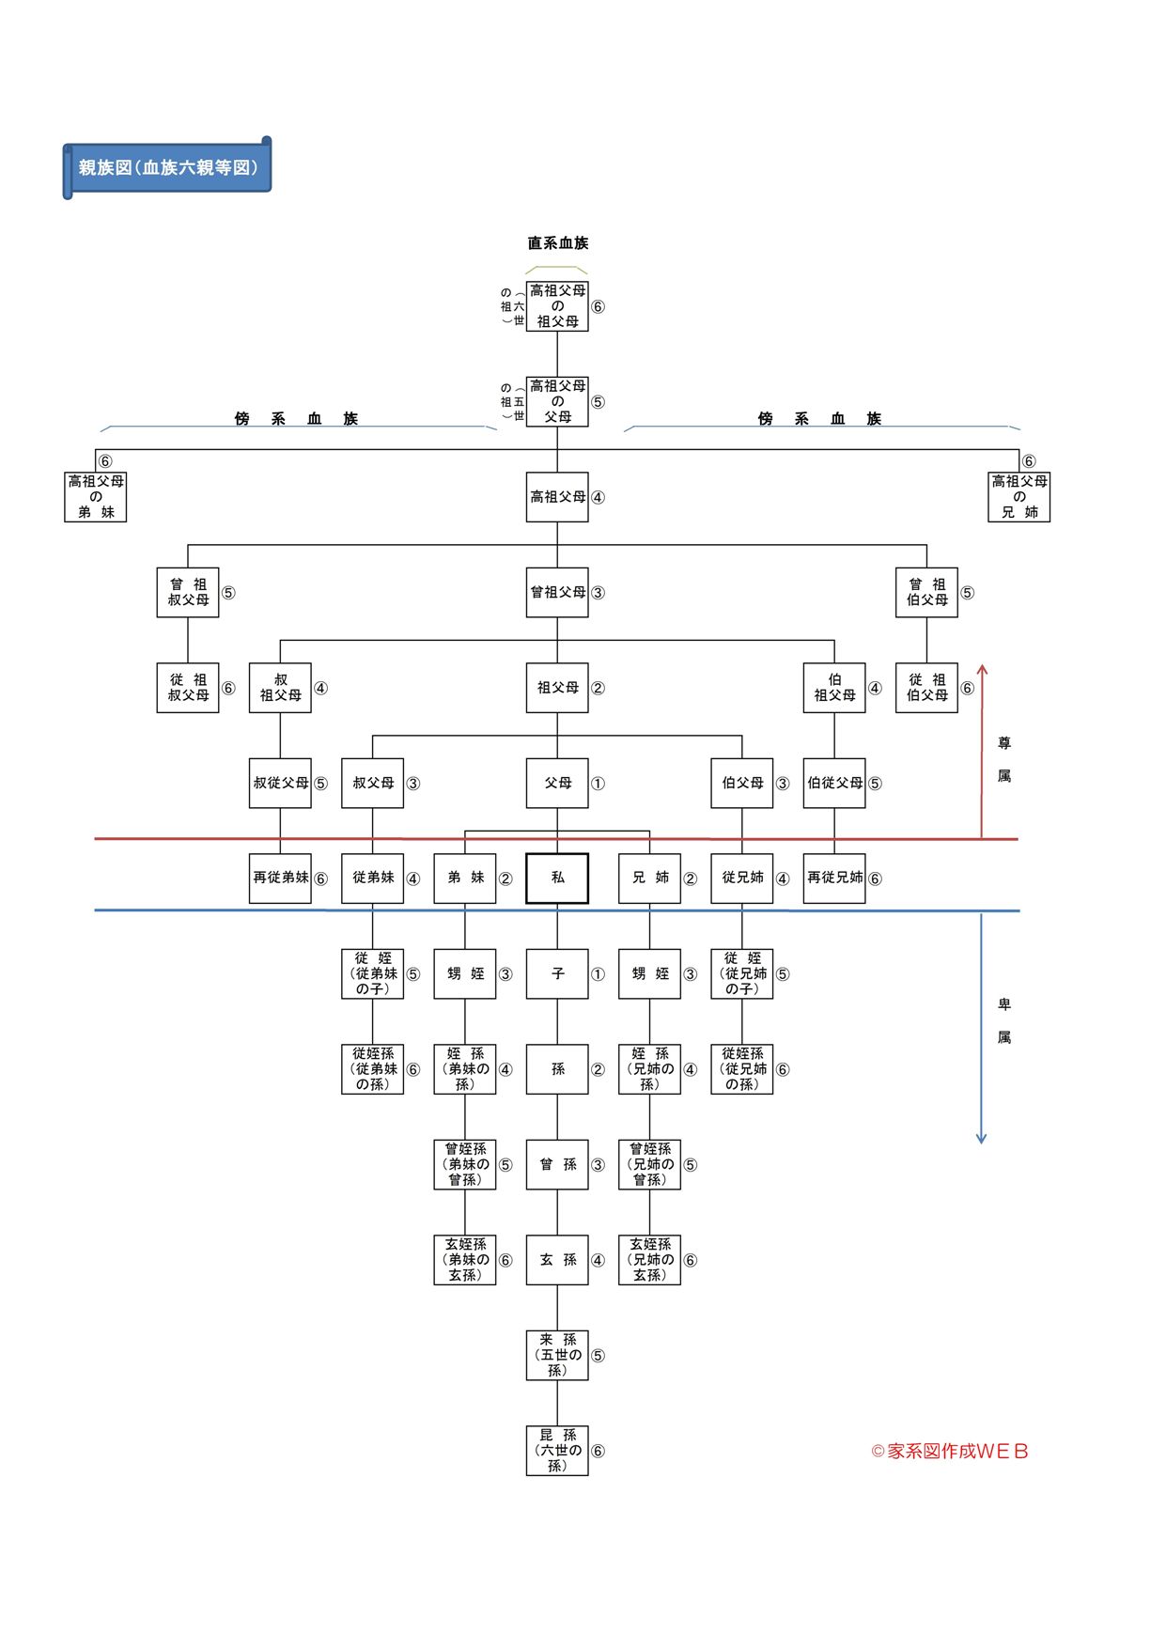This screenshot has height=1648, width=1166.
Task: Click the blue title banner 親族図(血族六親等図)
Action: [x=167, y=168]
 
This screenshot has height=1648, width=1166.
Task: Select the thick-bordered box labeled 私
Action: [x=557, y=878]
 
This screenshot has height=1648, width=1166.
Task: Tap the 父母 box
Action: [x=557, y=783]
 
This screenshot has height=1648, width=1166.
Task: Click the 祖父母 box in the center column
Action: [x=557, y=688]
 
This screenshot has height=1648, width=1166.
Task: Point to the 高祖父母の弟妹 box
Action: [x=96, y=497]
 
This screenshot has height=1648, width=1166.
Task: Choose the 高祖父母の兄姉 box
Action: [x=1018, y=497]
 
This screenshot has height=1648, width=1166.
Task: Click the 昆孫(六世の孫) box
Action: [x=557, y=1450]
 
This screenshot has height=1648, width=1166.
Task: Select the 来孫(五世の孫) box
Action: [x=557, y=1355]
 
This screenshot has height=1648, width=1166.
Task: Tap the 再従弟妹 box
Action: [x=280, y=878]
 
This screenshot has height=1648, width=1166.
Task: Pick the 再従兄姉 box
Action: [x=834, y=878]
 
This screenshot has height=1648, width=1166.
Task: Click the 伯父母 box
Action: [x=742, y=783]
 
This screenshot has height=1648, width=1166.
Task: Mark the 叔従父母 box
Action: [x=280, y=783]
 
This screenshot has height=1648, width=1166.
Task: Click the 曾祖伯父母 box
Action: [x=926, y=592]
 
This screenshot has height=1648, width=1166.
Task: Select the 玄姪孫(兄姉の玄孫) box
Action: [x=649, y=1260]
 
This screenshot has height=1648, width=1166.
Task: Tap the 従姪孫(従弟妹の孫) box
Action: [x=373, y=1069]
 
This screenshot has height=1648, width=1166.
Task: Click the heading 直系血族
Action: [x=557, y=243]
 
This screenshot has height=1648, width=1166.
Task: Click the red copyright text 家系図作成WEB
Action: [x=951, y=1451]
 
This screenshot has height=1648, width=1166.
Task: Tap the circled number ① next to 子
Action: [x=598, y=974]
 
